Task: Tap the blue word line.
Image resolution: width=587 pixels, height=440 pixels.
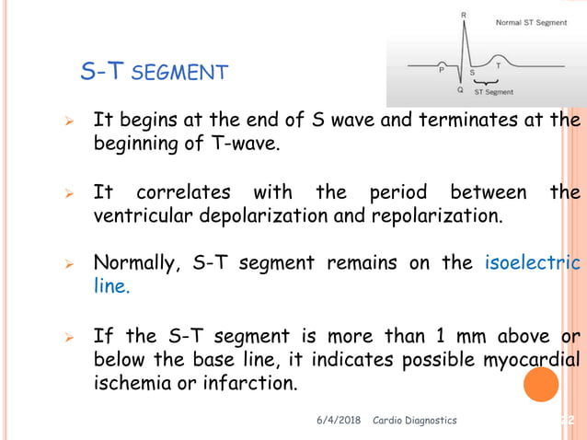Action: tap(111, 286)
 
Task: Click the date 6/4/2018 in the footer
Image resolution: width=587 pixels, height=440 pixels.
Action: tap(340, 420)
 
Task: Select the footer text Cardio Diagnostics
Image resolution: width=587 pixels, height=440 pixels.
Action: tap(414, 420)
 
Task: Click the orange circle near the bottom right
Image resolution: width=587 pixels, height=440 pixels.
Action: tap(541, 383)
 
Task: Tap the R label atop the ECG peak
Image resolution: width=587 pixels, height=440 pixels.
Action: tap(462, 15)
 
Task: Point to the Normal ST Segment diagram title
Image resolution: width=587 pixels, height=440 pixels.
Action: tap(531, 22)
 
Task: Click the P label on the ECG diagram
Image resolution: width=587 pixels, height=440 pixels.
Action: tap(442, 67)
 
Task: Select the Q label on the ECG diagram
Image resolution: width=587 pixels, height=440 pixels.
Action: tap(459, 91)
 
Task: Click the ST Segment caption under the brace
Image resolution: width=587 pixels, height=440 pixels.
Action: tap(494, 92)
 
